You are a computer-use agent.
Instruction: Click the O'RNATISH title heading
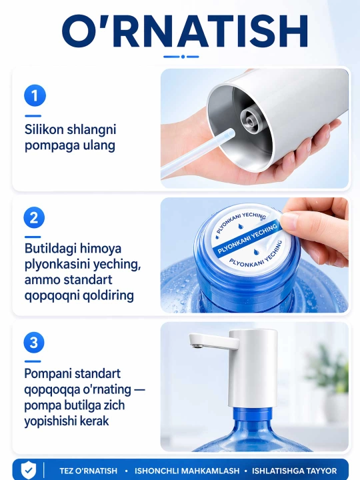coord(185,31)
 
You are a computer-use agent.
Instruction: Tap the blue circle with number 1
coord(35,95)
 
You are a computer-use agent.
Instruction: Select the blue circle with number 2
coord(34,217)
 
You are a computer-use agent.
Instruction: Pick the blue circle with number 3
coord(34,342)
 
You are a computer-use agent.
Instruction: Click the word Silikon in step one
coord(44,129)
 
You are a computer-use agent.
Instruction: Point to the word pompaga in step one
coord(48,146)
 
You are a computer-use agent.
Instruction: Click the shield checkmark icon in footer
coord(29,470)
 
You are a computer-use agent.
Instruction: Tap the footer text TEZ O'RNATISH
coord(88,471)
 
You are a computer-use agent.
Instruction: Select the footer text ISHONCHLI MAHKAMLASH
coord(187,471)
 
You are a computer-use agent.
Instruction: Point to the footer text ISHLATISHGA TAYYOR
coord(294,471)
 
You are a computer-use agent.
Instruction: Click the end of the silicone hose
coord(230,133)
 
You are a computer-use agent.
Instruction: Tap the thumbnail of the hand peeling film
coord(255,255)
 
